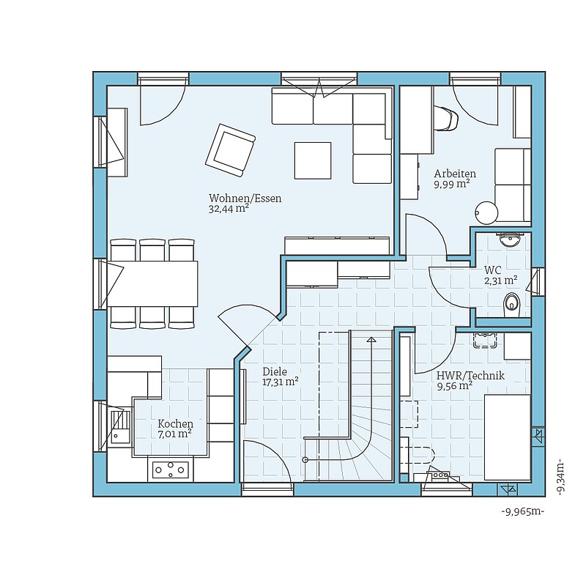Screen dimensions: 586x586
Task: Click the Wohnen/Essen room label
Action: pos(245,198)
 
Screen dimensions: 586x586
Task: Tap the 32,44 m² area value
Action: pos(229,209)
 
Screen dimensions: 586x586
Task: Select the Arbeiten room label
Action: pos(455,174)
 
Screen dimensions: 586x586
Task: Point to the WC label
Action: pos(492,270)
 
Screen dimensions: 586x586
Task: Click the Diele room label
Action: pos(275,371)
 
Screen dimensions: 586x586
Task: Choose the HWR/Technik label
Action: pos(470,375)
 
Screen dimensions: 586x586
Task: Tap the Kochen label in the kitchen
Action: pos(175,424)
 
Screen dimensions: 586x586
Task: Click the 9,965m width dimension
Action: pos(522,511)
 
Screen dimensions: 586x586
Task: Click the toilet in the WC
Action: pos(511,303)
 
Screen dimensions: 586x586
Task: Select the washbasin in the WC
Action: pos(510,240)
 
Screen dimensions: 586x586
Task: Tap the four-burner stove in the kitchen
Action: pos(171,470)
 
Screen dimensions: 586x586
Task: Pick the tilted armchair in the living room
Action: pos(230,150)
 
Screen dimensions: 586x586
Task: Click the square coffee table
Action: pos(313,160)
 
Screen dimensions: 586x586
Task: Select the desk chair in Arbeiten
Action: pos(446,118)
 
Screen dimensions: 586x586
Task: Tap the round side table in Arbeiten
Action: pos(486,213)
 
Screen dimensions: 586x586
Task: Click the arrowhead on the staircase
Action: pos(371,340)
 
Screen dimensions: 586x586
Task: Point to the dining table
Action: pos(152,283)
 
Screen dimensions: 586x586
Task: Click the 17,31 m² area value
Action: pos(281,382)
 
